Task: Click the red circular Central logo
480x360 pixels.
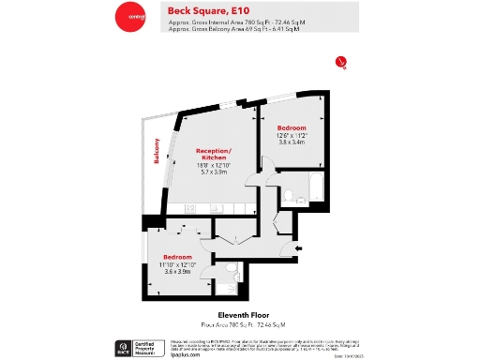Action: pos(130,17)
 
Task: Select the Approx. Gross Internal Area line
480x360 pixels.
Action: pos(233,22)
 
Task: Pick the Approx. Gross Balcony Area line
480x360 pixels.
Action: pos(233,30)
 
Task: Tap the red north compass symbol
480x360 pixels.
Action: pos(341,63)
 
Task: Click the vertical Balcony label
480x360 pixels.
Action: pos(157,151)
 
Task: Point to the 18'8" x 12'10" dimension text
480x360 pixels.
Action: pos(213,166)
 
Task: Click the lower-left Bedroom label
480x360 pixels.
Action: pos(178,256)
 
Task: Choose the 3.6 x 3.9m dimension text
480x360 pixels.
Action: pos(178,272)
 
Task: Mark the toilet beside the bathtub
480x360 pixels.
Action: pos(292,197)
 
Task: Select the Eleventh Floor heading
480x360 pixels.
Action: pos(240,316)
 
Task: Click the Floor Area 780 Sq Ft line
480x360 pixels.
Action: pos(240,323)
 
